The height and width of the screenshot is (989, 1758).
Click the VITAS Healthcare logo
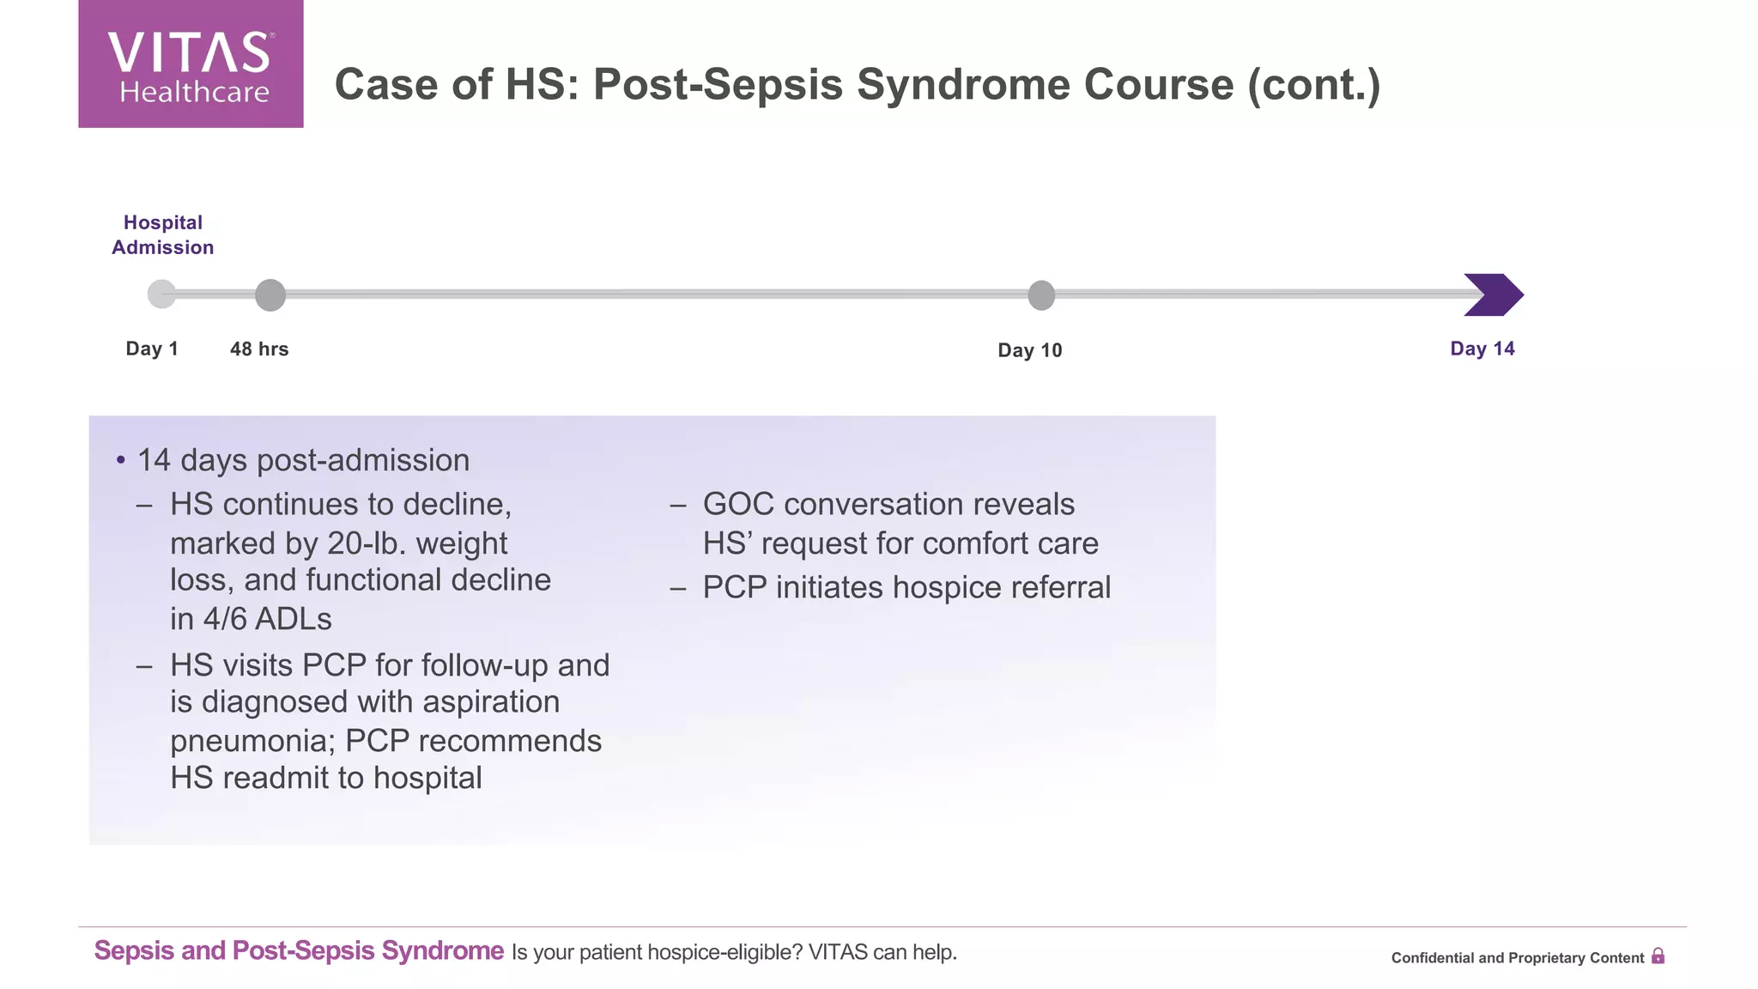pyautogui.click(x=191, y=64)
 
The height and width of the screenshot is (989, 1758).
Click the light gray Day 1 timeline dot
pyautogui.click(x=161, y=294)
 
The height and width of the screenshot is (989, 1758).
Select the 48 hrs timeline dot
pyautogui.click(x=270, y=295)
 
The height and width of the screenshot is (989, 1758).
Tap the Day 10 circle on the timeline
pyautogui.click(x=1041, y=295)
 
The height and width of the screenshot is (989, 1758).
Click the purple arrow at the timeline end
pyautogui.click(x=1494, y=295)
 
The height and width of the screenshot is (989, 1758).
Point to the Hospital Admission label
pyautogui.click(x=163, y=235)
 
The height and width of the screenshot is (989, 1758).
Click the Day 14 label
pyautogui.click(x=1482, y=349)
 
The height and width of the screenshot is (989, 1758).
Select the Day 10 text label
pyautogui.click(x=1030, y=350)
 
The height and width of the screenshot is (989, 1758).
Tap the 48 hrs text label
pyautogui.click(x=259, y=349)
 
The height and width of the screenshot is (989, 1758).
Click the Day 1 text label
pyautogui.click(x=152, y=349)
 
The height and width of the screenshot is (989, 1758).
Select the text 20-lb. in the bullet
pyautogui.click(x=368, y=543)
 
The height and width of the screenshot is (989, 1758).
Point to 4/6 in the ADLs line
pyautogui.click(x=226, y=619)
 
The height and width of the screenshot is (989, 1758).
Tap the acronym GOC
pyautogui.click(x=738, y=505)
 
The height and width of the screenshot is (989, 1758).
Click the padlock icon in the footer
pyautogui.click(x=1658, y=956)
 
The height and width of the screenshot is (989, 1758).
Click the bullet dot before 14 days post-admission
pyautogui.click(x=121, y=461)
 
